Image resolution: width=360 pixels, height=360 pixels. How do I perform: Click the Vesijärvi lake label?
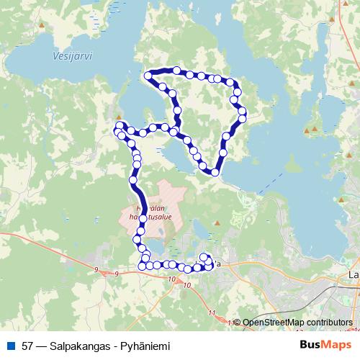coord(73,55)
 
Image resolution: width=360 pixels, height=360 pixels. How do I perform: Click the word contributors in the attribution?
coord(328,323)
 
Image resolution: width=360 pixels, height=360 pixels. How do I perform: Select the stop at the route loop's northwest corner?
coord(150,75)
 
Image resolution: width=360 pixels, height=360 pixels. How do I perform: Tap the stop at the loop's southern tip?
coord(215,172)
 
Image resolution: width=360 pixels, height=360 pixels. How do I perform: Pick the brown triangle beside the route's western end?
coord(118,115)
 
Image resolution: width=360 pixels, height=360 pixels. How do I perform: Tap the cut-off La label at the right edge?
coord(354,274)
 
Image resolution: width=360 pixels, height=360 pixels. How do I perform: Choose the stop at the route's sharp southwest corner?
coord(141,266)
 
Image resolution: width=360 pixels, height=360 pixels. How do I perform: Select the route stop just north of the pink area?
coord(132,179)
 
